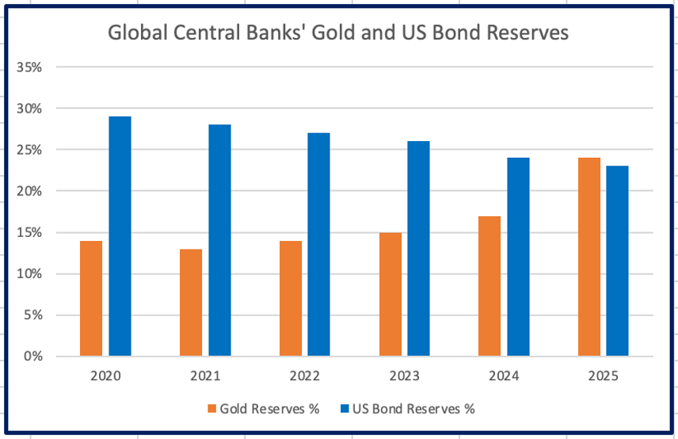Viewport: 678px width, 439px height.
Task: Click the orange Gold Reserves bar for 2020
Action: coord(91,298)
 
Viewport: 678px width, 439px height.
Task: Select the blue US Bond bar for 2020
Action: coord(120,236)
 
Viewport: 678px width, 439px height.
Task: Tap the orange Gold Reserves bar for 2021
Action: coord(191,302)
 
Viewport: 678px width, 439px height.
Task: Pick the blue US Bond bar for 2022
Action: coord(318,244)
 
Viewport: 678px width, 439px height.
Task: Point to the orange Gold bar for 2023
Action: coord(390,294)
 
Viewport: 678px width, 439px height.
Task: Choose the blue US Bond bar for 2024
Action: coord(518,257)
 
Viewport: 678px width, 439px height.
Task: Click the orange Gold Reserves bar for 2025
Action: coord(589,257)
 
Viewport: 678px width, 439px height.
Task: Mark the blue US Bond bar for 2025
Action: coord(617,261)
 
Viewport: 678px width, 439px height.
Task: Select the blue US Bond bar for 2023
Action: coord(418,248)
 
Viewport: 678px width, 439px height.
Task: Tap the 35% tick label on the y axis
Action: coord(29,67)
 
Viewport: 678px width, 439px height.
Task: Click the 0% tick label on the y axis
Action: coord(32,357)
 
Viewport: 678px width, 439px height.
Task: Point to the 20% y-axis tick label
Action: coord(29,191)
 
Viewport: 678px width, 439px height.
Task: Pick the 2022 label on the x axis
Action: coord(305,376)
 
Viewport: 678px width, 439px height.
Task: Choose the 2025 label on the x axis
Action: coord(604,376)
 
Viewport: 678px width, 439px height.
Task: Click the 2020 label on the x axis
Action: coord(105,376)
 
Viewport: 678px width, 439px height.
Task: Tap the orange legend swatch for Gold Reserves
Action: coord(211,409)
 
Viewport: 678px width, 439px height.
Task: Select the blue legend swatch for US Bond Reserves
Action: coord(345,409)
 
